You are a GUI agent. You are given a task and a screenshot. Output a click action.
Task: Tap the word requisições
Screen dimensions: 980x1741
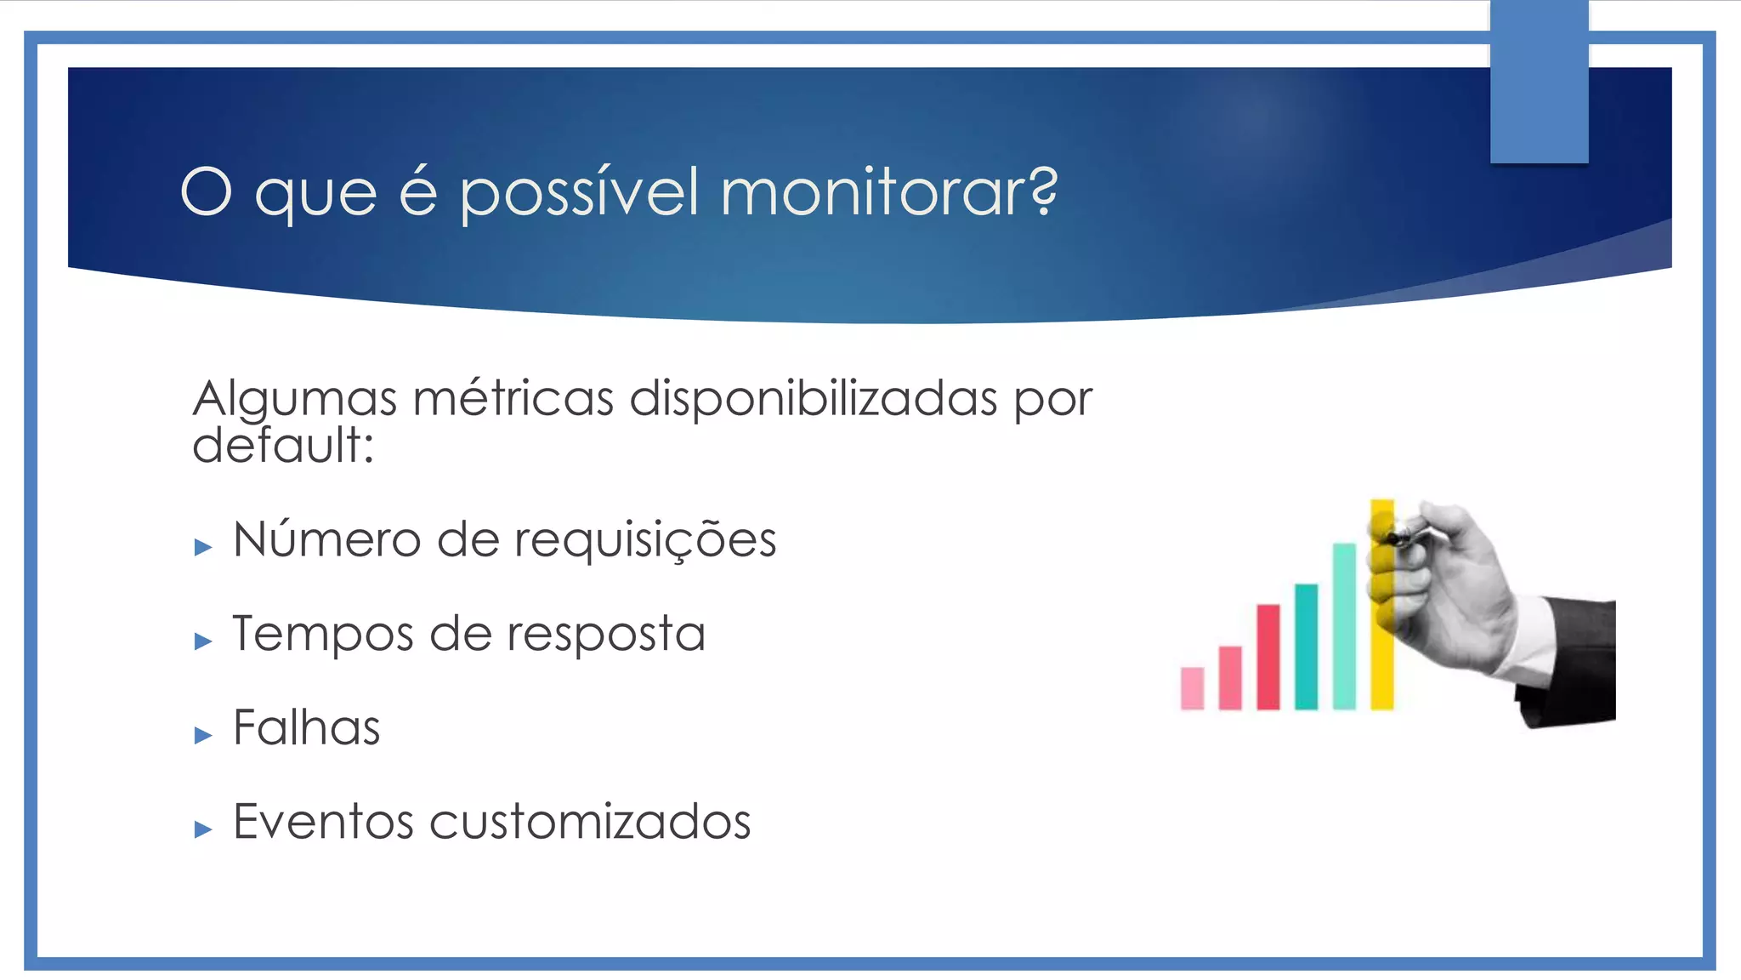(644, 542)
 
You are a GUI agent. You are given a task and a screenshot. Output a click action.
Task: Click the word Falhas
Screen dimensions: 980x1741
(306, 728)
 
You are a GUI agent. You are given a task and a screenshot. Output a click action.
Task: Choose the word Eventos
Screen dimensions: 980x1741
(323, 822)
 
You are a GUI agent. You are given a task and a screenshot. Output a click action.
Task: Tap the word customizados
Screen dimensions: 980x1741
(589, 822)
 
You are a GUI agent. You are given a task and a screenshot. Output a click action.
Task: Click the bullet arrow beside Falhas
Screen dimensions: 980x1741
(203, 735)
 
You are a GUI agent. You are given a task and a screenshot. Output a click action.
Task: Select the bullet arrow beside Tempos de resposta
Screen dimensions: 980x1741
(203, 641)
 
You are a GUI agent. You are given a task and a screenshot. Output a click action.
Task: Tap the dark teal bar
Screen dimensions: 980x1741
(1306, 646)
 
